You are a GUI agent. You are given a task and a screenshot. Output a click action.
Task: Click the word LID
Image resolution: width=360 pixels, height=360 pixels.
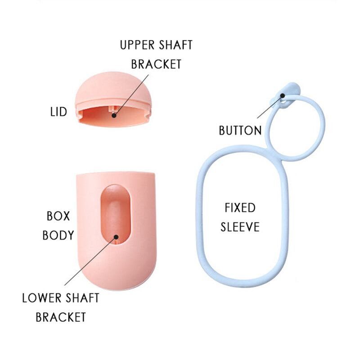(58, 111)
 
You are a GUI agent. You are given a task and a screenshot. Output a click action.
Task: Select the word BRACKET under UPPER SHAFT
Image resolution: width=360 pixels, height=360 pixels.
(156, 64)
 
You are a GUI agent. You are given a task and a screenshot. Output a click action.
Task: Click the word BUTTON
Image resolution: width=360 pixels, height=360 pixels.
(240, 130)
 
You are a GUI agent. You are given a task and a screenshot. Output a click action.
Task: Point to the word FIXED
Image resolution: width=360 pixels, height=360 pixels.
(240, 208)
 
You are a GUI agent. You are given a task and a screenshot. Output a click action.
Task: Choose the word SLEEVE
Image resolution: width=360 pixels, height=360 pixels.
(240, 227)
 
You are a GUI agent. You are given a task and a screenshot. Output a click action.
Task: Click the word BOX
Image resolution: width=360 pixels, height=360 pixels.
(58, 216)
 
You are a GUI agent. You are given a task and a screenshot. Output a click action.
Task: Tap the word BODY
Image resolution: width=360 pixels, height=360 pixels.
(58, 235)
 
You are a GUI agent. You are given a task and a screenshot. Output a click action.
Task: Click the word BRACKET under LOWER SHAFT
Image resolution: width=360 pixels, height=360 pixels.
(61, 317)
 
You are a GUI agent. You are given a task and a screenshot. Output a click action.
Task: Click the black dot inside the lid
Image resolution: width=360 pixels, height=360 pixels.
(114, 115)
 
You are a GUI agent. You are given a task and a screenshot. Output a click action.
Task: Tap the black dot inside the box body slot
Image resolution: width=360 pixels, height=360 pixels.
(116, 236)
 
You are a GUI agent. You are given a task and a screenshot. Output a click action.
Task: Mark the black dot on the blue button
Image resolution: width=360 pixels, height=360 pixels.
(282, 95)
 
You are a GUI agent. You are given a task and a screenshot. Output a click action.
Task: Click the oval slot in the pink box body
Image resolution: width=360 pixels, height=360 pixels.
(115, 216)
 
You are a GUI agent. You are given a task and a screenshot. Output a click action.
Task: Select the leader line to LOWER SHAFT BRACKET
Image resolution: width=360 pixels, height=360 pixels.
(90, 261)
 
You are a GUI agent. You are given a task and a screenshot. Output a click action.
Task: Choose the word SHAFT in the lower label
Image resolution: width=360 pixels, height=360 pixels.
(81, 298)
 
